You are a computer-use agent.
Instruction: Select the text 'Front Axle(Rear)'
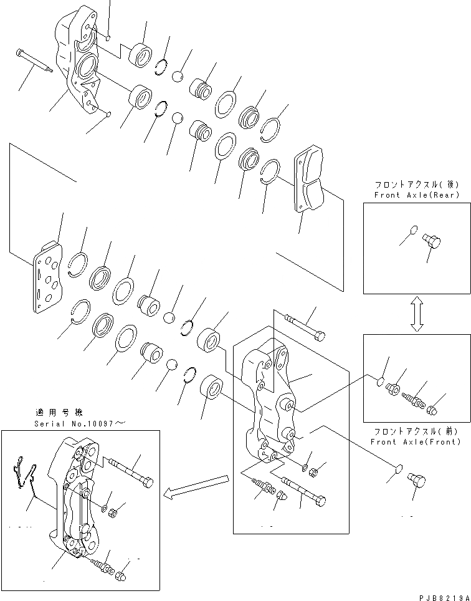click(416, 195)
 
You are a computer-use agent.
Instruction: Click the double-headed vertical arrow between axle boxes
click(417, 314)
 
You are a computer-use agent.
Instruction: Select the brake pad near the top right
click(308, 181)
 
